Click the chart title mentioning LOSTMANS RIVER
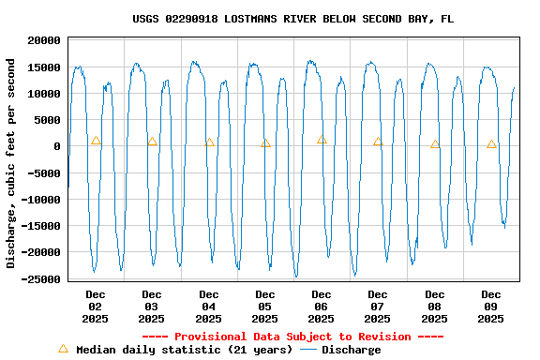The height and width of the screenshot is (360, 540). point(292,19)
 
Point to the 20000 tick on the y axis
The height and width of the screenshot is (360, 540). point(44,41)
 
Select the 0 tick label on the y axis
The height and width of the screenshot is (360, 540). point(57,147)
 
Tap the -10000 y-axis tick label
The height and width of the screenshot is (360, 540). point(41,200)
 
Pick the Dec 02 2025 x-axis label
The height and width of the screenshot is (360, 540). point(96,307)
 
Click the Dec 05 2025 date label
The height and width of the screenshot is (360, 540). point(264,307)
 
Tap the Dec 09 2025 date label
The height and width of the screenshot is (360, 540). point(490,307)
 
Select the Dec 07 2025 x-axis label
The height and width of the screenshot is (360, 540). point(378,307)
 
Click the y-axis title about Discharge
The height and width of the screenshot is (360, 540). point(11,163)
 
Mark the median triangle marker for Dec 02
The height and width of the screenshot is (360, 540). point(96,141)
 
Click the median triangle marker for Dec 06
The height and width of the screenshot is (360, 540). point(322,140)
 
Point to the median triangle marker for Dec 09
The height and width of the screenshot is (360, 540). point(491,144)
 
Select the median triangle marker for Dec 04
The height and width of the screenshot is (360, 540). point(209,142)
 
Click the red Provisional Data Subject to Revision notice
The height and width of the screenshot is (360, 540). point(292,337)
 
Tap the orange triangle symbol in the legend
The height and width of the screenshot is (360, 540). point(64,349)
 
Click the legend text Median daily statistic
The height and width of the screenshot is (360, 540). point(184,350)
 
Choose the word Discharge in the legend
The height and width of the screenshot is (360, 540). point(352,350)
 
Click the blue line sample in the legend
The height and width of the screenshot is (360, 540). point(309,350)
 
